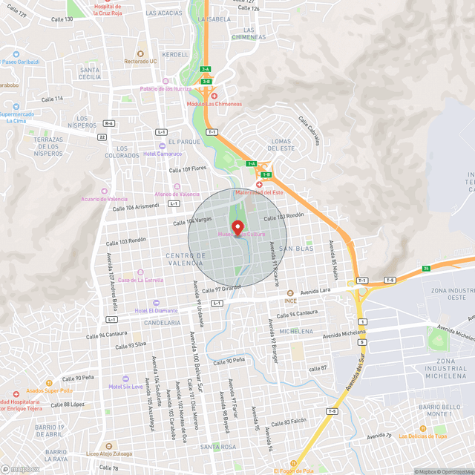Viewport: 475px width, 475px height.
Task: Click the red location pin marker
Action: pyautogui.click(x=237, y=228)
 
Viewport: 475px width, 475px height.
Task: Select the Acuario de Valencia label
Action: pyautogui.click(x=105, y=200)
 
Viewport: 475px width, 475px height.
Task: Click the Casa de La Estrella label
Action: pyautogui.click(x=140, y=280)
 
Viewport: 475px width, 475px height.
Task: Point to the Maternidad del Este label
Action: pyautogui.click(x=259, y=193)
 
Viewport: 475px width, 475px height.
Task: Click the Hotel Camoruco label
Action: pyautogui.click(x=163, y=154)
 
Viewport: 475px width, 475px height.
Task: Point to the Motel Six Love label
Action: pyautogui.click(x=125, y=386)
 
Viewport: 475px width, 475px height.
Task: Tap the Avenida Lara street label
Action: pyautogui.click(x=315, y=290)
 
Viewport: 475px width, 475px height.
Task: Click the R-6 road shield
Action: pyautogui.click(x=109, y=124)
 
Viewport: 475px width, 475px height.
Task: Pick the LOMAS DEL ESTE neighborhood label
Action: pyautogui.click(x=283, y=144)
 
